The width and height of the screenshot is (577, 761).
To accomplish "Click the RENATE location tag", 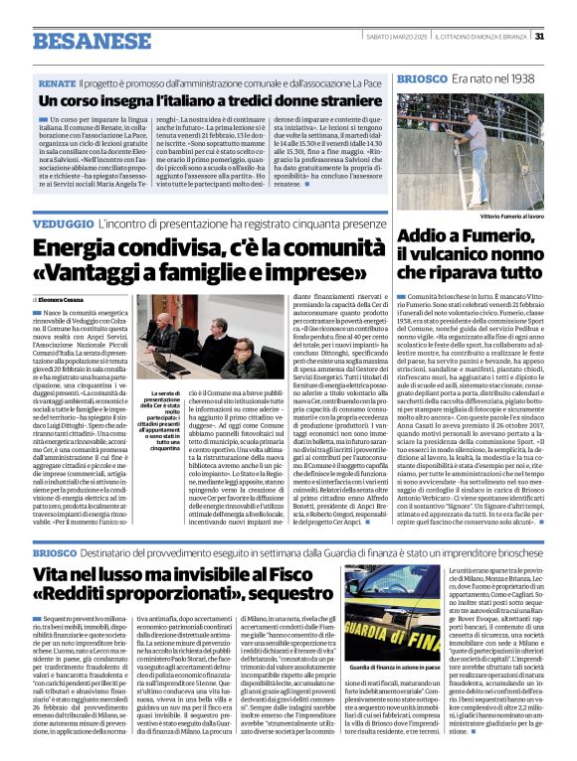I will click(x=57, y=83).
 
